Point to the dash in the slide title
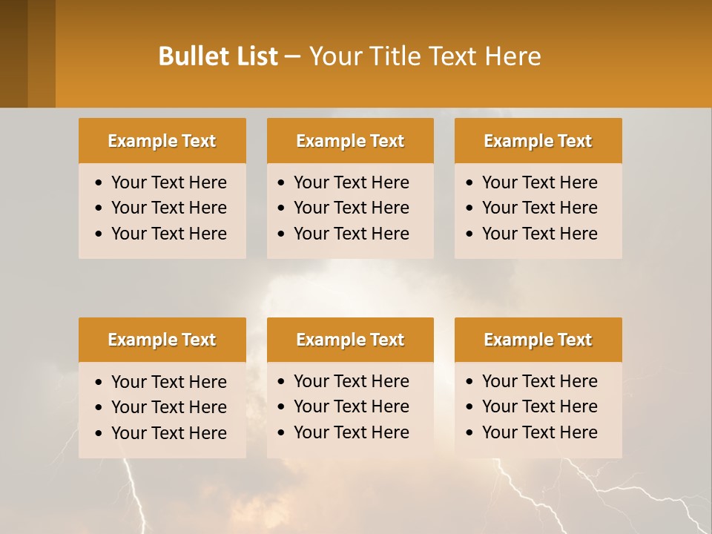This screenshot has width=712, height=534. [x=292, y=57]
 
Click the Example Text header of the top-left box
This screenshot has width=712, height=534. [x=162, y=141]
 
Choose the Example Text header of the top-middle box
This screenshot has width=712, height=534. [x=350, y=141]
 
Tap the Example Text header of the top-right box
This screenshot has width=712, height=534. [x=538, y=141]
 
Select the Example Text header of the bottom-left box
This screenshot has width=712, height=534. [x=162, y=340]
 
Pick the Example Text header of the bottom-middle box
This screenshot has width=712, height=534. [x=350, y=340]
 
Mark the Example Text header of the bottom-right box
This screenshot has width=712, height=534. [x=538, y=340]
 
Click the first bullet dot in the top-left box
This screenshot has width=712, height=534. [x=99, y=183]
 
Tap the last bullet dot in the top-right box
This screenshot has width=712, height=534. [x=470, y=234]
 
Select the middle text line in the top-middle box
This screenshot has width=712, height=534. [x=351, y=208]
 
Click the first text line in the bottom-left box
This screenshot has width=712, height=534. [x=168, y=382]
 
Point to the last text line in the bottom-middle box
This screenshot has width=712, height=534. [x=351, y=432]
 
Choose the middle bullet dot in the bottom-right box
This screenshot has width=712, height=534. [x=470, y=407]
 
